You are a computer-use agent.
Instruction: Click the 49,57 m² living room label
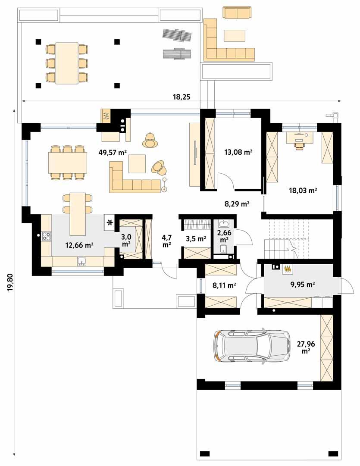pyautogui.click(x=113, y=152)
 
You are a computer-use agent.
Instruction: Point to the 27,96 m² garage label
pyautogui.click(x=306, y=347)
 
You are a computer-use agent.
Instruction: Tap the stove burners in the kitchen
pyautogui.click(x=46, y=236)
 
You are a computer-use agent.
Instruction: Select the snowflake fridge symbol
pyautogui.click(x=110, y=222)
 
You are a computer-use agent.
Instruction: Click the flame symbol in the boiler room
pyautogui.click(x=288, y=269)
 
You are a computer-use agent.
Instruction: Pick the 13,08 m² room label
pyautogui.click(x=238, y=152)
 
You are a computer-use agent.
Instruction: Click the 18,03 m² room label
pyautogui.click(x=304, y=190)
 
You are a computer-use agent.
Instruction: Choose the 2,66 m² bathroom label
pyautogui.click(x=224, y=236)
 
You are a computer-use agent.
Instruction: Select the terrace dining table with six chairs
pyautogui.click(x=67, y=63)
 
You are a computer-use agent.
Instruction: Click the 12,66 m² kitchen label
pyautogui.click(x=79, y=245)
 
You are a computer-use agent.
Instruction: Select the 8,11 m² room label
pyautogui.click(x=224, y=285)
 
